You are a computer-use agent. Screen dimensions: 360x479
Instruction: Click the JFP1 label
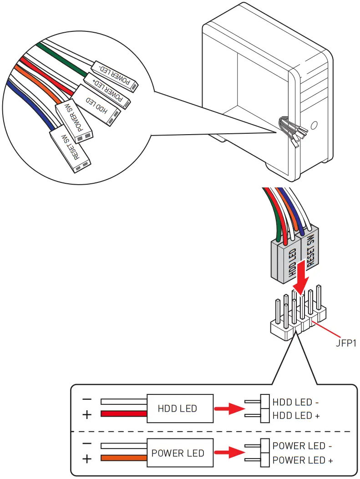(x=346, y=343)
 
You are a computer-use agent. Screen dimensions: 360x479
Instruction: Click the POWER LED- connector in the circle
(x=115, y=76)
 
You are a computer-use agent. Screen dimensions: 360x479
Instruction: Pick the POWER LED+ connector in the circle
(x=107, y=91)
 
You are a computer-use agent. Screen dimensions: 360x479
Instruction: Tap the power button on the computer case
(x=314, y=125)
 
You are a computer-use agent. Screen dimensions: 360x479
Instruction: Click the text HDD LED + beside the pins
(x=296, y=415)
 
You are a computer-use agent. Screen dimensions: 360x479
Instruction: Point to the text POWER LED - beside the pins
(x=302, y=446)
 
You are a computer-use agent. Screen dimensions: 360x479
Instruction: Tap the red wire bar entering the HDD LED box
(x=124, y=414)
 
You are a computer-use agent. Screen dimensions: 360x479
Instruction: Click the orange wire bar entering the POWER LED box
(x=124, y=458)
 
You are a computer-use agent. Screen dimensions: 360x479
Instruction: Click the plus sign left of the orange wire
(x=87, y=459)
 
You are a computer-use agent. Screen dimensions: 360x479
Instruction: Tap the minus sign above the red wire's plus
(x=87, y=399)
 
